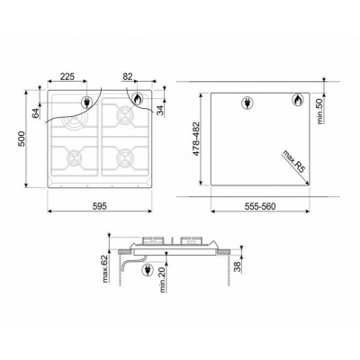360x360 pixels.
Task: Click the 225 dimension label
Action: coord(67,76)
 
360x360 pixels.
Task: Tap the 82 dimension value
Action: coord(128,76)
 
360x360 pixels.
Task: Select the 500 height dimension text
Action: coord(22,139)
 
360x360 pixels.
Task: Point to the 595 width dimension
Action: coord(100,206)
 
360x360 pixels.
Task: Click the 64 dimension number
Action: coord(36,113)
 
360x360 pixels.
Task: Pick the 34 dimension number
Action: coord(161,110)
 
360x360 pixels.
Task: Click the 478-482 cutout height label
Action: coord(196,139)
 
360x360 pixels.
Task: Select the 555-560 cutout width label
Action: coord(260,206)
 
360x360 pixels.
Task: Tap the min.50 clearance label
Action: coord(319,111)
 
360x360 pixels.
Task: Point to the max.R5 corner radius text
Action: coord(293,162)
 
